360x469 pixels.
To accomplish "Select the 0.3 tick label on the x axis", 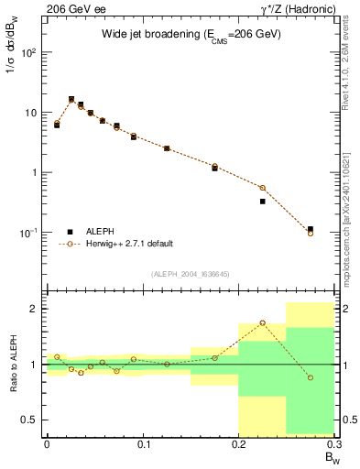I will click(x=334, y=443).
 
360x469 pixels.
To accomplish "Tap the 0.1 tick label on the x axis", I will click(x=143, y=443).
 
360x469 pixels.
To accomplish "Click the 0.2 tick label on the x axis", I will click(x=238, y=443).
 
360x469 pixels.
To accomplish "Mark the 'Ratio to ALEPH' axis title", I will click(x=13, y=364).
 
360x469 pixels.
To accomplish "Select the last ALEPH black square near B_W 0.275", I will click(x=311, y=229).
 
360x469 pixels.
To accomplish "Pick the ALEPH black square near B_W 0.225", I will click(x=263, y=202).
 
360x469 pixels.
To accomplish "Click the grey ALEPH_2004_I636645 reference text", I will click(x=190, y=273).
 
